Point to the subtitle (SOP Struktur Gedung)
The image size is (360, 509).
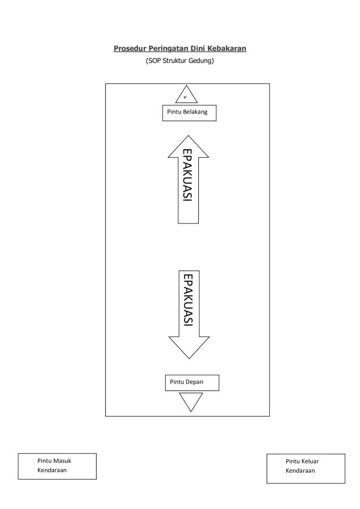(179, 60)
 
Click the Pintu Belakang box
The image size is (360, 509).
(190, 113)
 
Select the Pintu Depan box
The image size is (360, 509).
(192, 382)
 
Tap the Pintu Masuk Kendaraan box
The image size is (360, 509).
(57, 466)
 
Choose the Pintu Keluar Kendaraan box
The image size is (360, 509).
(305, 468)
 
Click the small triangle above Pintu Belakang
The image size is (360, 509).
(186, 96)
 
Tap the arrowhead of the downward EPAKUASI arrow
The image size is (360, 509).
(189, 347)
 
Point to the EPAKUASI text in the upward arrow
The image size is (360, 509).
(187, 175)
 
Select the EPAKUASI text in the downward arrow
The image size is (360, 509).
(189, 300)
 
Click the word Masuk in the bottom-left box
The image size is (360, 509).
(62, 461)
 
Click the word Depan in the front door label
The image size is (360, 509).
(194, 382)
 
